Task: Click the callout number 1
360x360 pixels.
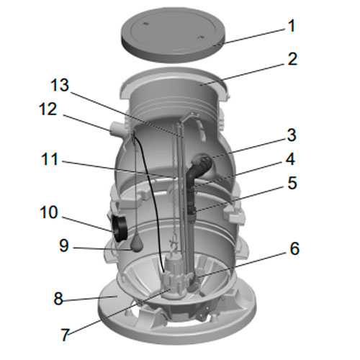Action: [x=292, y=26]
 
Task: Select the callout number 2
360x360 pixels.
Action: [x=292, y=59]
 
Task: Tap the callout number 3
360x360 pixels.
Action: [x=292, y=135]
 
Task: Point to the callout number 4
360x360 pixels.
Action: [x=290, y=159]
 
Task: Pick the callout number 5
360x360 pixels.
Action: [x=292, y=183]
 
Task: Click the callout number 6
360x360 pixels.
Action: [x=294, y=248]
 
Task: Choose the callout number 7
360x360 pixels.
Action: [x=65, y=334]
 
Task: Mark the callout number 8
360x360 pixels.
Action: [x=58, y=299]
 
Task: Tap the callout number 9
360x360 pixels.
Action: [x=64, y=246]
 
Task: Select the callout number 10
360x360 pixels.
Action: [x=49, y=212]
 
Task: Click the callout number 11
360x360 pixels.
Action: [x=50, y=159]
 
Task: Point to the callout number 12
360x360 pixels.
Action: [x=48, y=109]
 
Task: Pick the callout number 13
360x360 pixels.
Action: [x=60, y=85]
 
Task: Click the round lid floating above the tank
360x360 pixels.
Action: [x=174, y=34]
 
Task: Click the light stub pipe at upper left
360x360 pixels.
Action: [x=117, y=129]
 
